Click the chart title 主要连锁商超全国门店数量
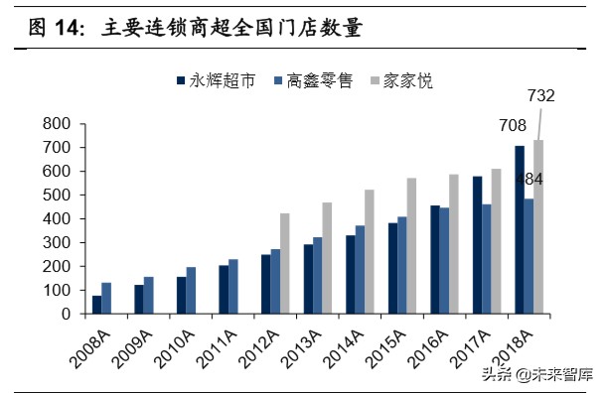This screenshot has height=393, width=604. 230,29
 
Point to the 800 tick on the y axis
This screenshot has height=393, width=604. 57,124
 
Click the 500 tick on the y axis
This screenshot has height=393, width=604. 57,196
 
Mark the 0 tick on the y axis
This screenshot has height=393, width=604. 65,314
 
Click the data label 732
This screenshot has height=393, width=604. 540,96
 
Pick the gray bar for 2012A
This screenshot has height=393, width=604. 285,264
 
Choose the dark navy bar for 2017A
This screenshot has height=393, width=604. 478,245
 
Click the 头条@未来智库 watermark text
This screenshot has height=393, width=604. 536,374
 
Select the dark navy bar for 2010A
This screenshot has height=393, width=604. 181,296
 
